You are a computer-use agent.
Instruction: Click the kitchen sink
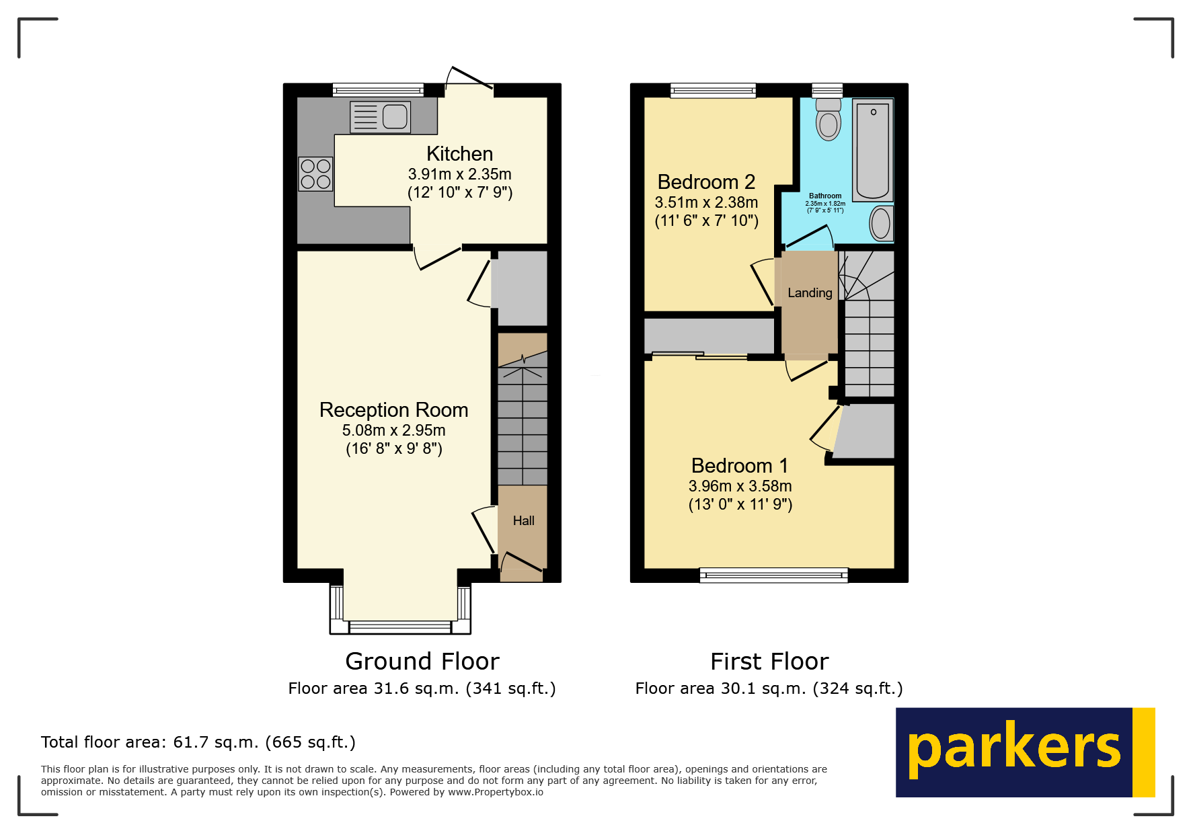[x=381, y=117]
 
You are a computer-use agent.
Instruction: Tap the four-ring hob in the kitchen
[x=315, y=173]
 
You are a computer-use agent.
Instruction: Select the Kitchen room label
[x=459, y=154]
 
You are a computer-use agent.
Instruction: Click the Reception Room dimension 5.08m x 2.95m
[x=393, y=430]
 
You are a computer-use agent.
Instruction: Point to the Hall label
[x=523, y=520]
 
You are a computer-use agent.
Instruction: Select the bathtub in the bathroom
[x=873, y=149]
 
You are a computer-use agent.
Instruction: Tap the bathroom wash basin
[x=880, y=223]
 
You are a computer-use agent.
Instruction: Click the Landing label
[x=810, y=293]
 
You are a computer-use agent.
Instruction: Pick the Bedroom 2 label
[x=706, y=182]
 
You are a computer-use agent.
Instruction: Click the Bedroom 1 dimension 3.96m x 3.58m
[x=740, y=486]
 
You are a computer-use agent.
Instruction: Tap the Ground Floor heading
[x=422, y=662]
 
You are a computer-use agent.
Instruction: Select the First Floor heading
[x=769, y=662]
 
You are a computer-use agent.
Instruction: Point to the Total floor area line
[x=198, y=742]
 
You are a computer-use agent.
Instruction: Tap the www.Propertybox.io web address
[x=496, y=792]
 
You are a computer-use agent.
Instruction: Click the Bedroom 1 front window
[x=773, y=574]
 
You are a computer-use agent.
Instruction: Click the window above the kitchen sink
[x=378, y=89]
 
